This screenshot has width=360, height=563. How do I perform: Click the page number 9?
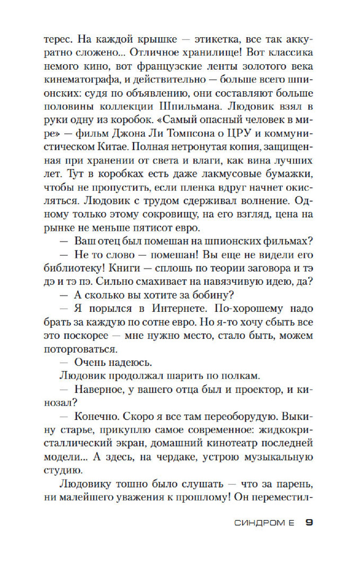pos(309,522)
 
